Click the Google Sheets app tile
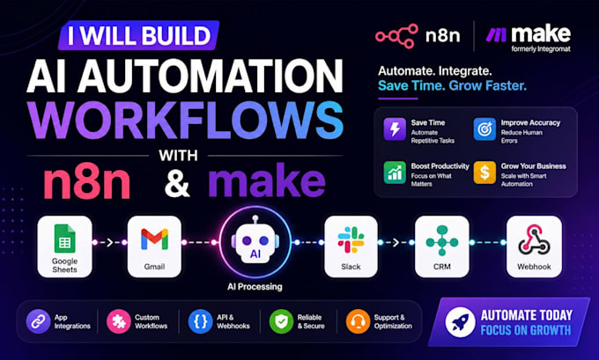coord(64,246)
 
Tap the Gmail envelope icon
coord(154,239)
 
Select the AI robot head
coord(255,243)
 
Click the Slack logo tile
coord(351,246)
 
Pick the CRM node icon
coord(442,240)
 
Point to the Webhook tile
coord(534,246)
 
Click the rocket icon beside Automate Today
coord(461,322)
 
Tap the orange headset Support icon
coord(358,321)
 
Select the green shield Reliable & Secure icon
coord(281,321)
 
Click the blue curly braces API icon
coord(200,321)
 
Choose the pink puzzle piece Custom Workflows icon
coord(118,321)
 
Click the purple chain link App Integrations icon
coord(38,321)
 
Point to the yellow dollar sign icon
coord(484,173)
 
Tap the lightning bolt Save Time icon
coord(395,129)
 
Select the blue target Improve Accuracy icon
coord(484,129)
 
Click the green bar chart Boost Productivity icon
coord(395,173)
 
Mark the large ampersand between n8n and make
coord(177,182)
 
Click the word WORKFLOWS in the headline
coord(185,121)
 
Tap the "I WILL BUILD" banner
coord(138,35)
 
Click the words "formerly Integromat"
coord(541,49)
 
